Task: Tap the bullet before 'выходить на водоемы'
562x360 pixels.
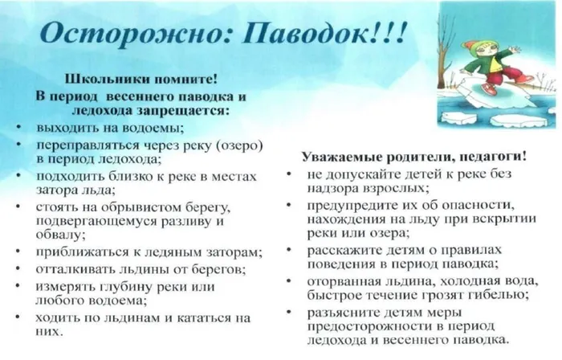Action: point(18,128)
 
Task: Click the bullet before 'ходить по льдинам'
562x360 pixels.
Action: point(18,317)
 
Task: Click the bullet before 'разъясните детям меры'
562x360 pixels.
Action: point(290,311)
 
